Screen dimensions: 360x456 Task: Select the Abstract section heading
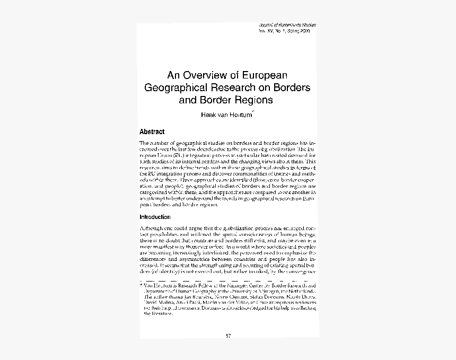tap(152, 131)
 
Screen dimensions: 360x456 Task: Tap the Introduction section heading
tap(155, 217)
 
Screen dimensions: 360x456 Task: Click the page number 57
tap(229, 336)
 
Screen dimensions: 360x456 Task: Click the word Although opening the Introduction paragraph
tap(153, 227)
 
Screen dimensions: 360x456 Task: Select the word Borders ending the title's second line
tap(291, 87)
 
